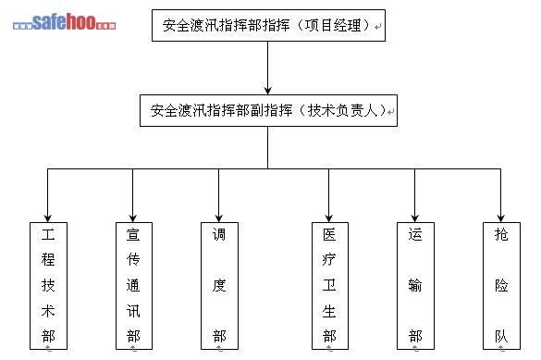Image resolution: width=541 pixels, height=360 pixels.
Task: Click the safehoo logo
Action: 64,21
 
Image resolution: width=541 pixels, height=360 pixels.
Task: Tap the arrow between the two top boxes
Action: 268,68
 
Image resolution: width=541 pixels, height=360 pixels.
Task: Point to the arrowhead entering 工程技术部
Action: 47,218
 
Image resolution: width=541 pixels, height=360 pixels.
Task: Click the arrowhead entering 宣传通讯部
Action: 133,218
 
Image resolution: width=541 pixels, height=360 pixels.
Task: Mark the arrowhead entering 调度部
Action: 218,218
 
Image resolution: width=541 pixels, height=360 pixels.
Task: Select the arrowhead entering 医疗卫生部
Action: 329,218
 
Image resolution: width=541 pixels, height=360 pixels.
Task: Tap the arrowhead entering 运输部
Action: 414,218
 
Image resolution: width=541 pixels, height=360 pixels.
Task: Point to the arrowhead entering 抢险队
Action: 500,218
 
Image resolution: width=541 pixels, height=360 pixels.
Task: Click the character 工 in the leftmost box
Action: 48,235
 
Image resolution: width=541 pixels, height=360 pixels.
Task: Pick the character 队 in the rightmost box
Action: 501,336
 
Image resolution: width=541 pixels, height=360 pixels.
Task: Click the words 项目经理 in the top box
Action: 333,26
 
